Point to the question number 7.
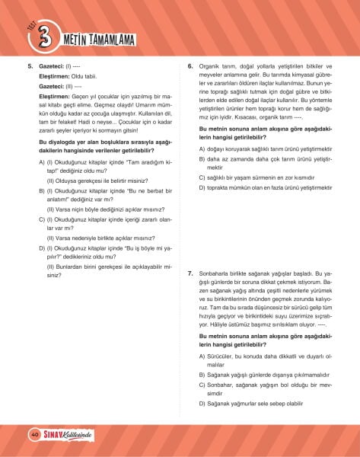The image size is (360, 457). click(x=190, y=273)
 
